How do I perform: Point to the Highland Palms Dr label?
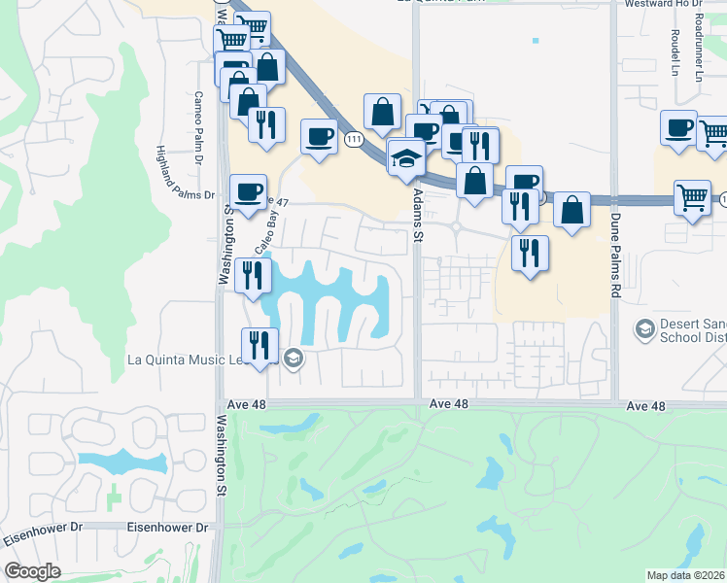pos(183,171)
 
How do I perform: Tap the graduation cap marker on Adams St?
pos(404,158)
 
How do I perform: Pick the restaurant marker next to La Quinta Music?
pos(260,346)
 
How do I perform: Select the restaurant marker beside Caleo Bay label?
pos(253,276)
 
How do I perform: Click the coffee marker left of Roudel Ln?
pos(678,128)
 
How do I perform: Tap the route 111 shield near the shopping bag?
pos(355,141)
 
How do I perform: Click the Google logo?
pos(33,570)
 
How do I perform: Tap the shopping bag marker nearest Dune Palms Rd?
pos(571,210)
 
